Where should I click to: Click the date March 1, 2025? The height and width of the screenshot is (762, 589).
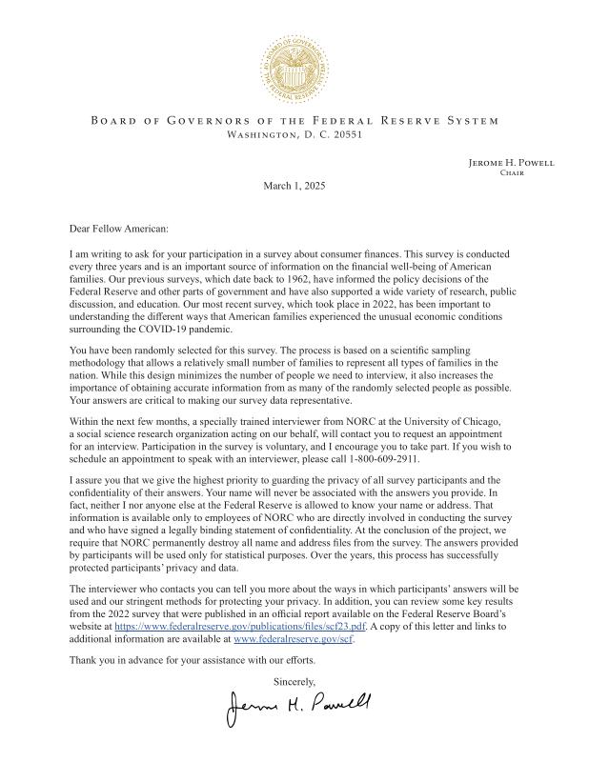294,185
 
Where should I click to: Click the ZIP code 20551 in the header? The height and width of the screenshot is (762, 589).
346,135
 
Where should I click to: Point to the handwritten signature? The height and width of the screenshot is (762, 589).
298,703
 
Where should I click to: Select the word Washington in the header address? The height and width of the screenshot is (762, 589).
262,135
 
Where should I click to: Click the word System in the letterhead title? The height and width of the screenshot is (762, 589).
474,121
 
